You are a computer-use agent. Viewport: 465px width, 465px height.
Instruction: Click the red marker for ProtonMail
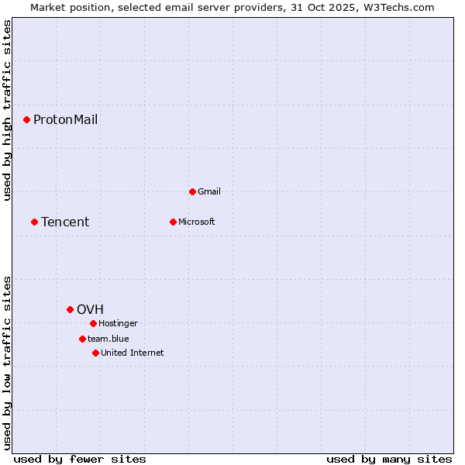pos(26,119)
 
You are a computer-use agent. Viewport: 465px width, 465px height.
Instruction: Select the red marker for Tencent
pos(34,222)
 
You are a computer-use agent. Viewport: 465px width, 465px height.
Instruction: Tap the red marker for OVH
pos(70,309)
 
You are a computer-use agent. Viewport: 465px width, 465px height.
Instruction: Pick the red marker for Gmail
pos(192,191)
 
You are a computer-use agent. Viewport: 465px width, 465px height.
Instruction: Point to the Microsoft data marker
pos(173,222)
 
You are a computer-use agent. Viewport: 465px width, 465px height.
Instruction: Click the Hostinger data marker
pos(93,323)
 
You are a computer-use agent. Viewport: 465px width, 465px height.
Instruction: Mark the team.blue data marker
pos(82,339)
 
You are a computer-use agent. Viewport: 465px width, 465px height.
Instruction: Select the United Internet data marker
pos(95,353)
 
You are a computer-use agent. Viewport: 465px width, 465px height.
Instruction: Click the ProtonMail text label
pos(65,119)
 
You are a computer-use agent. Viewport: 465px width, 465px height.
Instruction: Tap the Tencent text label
pos(65,222)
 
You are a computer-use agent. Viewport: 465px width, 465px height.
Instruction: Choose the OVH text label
pos(90,309)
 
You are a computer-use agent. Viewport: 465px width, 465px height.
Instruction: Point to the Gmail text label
pos(209,191)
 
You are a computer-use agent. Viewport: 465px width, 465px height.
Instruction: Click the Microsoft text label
pos(196,222)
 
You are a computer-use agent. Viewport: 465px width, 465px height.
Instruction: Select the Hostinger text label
pos(118,323)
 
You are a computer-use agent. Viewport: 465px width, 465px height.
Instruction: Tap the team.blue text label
pos(108,339)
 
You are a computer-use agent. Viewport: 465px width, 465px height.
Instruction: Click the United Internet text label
pos(132,353)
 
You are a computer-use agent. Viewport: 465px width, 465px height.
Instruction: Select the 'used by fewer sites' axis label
pos(80,459)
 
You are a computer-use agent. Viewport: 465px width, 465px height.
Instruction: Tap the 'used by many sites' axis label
pos(389,459)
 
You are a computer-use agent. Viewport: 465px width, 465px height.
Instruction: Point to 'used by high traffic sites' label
pos(7,111)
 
